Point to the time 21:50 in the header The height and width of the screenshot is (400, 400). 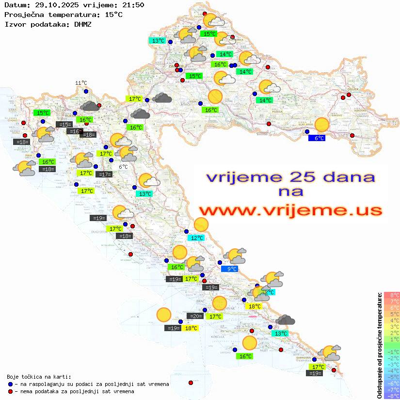pos(133,5)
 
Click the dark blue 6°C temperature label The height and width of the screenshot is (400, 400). pos(317,138)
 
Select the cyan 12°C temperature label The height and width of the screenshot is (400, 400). pos(196,238)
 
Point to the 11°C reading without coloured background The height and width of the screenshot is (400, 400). pos(81,83)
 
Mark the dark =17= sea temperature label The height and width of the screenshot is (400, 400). pos(104,175)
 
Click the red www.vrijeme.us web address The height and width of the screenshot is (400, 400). pos(290,210)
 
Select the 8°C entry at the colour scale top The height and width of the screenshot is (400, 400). pos(392,295)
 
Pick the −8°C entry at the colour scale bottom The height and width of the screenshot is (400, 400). pos(392,396)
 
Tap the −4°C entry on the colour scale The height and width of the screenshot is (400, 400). pos(392,370)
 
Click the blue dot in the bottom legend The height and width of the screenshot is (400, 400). pos(10,384)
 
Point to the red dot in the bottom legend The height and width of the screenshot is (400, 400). pos(10,391)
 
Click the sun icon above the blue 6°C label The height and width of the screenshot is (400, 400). pos(321,125)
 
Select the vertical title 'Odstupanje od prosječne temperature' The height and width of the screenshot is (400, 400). pos(380,345)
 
